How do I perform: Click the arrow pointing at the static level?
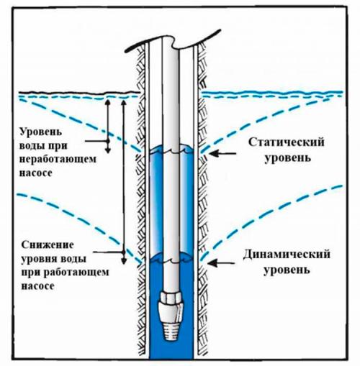coord(220,153)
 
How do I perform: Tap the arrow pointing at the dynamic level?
coord(220,264)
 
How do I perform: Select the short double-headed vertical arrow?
coord(108,125)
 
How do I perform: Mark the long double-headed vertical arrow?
coord(124,180)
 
